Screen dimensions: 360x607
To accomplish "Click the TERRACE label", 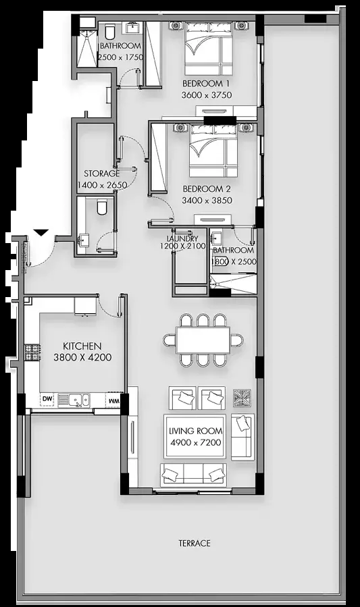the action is pos(195,543).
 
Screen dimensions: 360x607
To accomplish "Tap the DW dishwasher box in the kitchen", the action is pos(47,400).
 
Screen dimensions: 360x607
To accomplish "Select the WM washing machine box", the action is pos(113,400).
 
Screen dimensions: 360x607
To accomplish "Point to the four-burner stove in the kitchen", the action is pos(33,352).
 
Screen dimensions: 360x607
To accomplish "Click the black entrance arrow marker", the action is pos(41,232).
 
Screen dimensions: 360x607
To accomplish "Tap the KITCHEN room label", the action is pos(82,346).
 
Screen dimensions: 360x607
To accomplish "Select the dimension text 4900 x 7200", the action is pos(196,442).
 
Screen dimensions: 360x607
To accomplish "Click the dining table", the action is pos(203,340).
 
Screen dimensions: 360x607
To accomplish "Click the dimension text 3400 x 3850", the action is pos(207,200).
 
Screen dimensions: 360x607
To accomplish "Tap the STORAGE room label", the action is pos(101,174).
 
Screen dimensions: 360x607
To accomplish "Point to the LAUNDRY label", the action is pos(182,239).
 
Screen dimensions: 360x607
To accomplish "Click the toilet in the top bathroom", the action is pos(109,31).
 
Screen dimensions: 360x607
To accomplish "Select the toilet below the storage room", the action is pos(102,207).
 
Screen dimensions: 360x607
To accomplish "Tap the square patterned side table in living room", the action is pos(242,398).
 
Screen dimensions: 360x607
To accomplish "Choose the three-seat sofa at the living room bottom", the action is pos(193,475).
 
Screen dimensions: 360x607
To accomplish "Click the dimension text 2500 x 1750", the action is pos(120,57).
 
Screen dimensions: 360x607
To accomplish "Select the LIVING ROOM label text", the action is pos(196,431).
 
